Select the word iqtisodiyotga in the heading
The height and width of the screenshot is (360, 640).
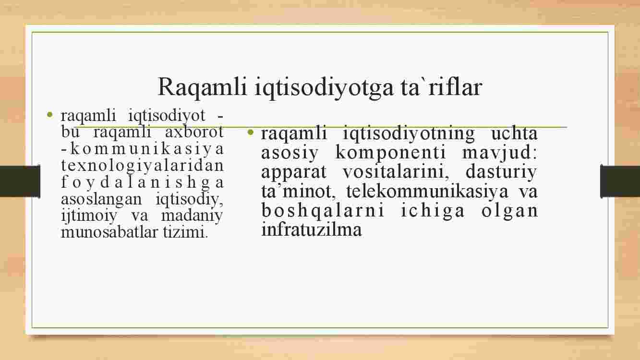[324, 87]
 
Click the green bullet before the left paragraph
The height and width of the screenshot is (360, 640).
[50, 115]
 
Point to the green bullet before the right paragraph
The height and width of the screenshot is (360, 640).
[251, 132]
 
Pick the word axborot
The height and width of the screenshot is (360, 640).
[194, 132]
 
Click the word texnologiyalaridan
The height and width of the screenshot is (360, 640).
[142, 166]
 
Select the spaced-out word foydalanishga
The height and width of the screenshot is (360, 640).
[142, 182]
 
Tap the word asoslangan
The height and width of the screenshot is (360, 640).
[101, 199]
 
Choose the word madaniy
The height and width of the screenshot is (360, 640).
[192, 216]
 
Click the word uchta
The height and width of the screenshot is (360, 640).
[514, 133]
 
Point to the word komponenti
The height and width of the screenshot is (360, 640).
[390, 152]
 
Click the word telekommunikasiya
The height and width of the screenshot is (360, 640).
[427, 191]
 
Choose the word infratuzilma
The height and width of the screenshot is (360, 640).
[312, 229]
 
